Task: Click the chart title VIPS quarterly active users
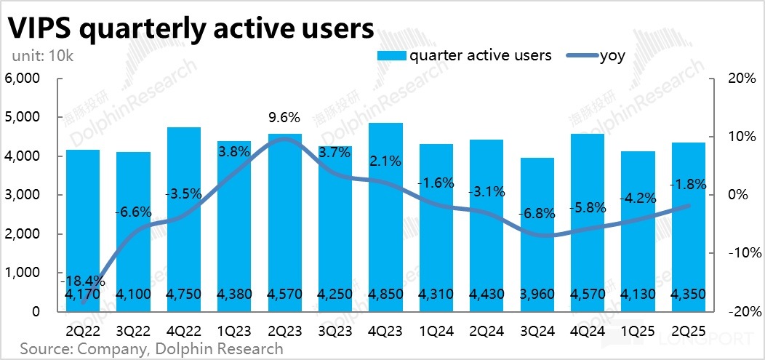pos(191,28)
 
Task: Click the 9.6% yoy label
pos(284,118)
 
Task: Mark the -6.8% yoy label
pos(538,215)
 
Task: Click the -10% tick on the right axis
pos(745,253)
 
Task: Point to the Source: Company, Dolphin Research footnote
pos(151,348)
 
